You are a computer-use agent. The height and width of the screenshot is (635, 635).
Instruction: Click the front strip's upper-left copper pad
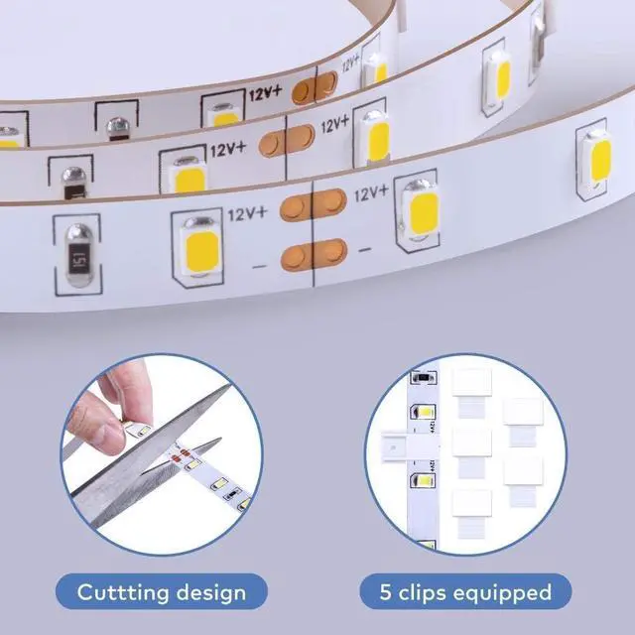(x=294, y=208)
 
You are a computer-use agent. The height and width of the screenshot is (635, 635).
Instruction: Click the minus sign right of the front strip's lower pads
(x=364, y=247)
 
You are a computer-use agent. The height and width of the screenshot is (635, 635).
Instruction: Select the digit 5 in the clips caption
(x=386, y=593)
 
